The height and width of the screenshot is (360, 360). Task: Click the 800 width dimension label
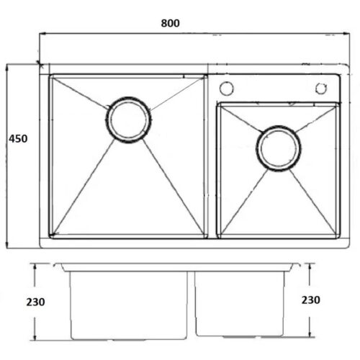pyautogui.click(x=170, y=23)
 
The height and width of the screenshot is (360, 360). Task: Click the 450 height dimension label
pyautogui.click(x=18, y=139)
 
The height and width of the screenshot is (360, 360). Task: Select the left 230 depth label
pyautogui.click(x=35, y=302)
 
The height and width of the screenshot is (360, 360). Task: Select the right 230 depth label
pyautogui.click(x=310, y=300)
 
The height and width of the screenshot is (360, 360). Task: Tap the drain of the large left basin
pyautogui.click(x=129, y=120)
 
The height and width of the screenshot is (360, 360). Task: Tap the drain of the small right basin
pyautogui.click(x=279, y=148)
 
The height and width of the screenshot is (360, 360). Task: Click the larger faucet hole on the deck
pyautogui.click(x=226, y=89)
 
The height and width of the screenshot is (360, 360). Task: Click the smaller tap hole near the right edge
pyautogui.click(x=321, y=89)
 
